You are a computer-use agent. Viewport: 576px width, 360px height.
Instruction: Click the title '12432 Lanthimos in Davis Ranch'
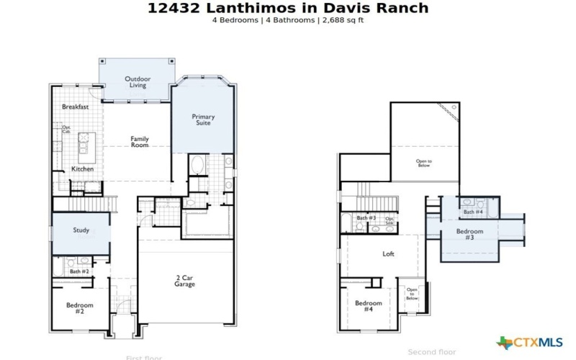click(288, 9)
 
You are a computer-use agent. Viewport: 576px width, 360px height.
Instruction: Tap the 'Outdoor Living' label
click(138, 82)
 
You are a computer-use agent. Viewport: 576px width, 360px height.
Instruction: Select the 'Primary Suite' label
click(202, 120)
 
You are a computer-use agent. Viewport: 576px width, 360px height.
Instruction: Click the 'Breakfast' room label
click(75, 107)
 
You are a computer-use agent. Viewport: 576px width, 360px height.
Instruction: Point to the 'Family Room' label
click(140, 142)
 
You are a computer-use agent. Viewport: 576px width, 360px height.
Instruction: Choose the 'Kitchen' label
click(82, 169)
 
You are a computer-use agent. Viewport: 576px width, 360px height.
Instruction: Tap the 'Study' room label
click(81, 230)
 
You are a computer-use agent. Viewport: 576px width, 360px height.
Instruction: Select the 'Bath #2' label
click(79, 271)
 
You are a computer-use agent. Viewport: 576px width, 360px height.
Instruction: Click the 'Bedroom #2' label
click(80, 308)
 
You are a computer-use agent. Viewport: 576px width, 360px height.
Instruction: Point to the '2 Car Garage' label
click(185, 280)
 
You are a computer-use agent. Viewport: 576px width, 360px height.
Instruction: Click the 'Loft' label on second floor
click(388, 254)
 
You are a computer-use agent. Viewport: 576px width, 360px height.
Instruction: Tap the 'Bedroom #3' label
click(469, 235)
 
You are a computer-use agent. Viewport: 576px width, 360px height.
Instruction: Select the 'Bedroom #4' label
click(368, 306)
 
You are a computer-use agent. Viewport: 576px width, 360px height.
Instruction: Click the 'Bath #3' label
click(366, 217)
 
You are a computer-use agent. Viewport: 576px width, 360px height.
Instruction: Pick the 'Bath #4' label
click(473, 212)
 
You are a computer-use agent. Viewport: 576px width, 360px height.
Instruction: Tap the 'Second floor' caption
click(432, 352)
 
